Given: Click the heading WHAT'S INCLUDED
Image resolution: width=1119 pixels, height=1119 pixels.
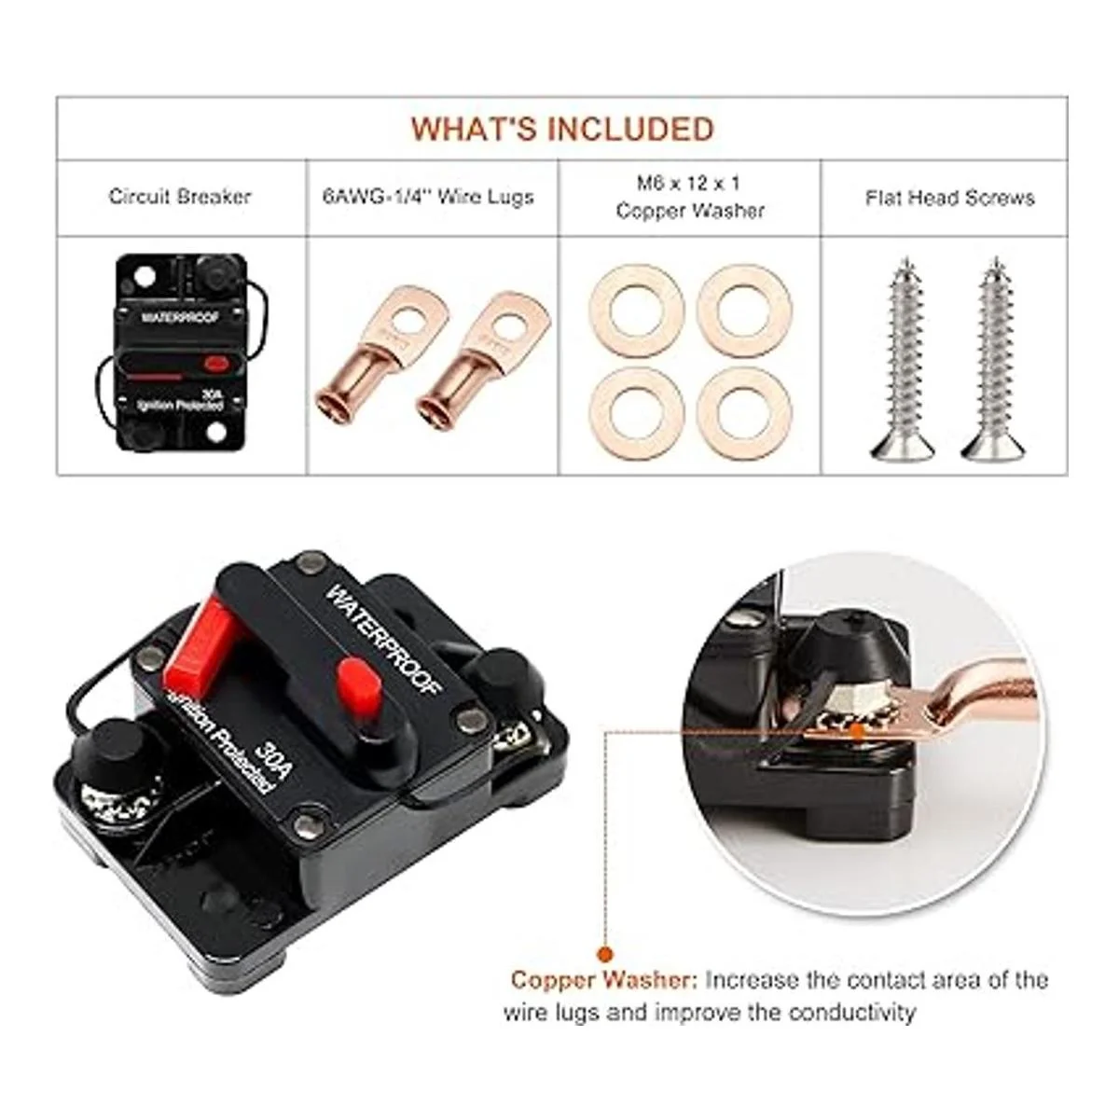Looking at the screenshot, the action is tap(562, 129).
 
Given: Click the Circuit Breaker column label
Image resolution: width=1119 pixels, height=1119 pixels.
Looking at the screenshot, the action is tap(180, 197).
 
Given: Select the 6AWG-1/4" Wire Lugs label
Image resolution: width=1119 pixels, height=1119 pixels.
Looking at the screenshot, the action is tap(428, 197).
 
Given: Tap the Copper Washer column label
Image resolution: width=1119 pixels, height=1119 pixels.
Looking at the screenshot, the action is tap(690, 197).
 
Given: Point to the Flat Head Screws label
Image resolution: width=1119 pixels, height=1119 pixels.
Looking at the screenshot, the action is tap(950, 198).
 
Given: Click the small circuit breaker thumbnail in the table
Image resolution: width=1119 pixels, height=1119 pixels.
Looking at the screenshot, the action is tap(182, 352).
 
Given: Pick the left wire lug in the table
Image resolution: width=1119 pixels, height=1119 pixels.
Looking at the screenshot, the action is tap(381, 348).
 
